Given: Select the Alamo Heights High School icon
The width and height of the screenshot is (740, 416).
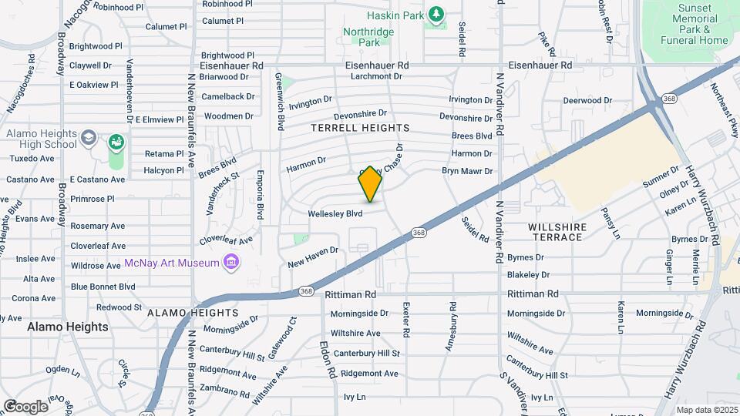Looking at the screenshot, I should [89, 138].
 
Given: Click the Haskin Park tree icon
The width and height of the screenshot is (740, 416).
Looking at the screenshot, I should [437, 14].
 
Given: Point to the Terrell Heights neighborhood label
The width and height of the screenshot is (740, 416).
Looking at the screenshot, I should [360, 127].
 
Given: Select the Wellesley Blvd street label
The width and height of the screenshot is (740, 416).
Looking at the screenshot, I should [335, 213].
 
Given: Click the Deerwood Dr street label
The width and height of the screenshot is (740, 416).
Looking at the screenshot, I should [587, 100].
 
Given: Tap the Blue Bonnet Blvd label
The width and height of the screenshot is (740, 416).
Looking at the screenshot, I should [103, 287].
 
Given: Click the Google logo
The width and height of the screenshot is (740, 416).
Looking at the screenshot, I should [25, 406].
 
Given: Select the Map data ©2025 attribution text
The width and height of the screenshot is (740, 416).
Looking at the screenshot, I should [706, 409].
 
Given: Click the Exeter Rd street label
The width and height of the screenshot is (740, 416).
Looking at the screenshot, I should [406, 318].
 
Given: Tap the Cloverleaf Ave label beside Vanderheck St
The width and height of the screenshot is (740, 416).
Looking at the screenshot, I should [226, 240].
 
